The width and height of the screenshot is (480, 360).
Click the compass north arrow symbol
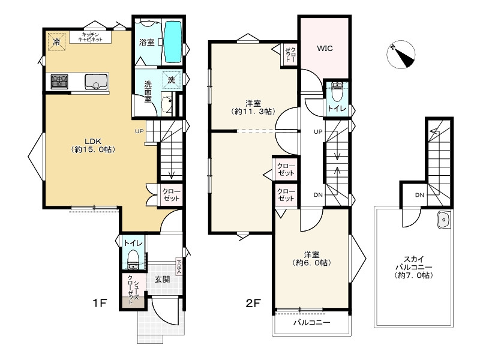pos(401,55)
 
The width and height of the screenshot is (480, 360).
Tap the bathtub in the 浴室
pos(173,41)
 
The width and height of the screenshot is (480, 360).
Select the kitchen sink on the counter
pos(97,82)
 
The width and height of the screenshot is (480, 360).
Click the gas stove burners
pos(59,82)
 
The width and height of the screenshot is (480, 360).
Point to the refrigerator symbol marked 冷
pos(56,41)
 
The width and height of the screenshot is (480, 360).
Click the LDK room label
pos(93,145)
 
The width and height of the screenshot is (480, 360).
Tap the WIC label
pos(325,48)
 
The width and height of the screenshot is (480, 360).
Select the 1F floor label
pos(100,303)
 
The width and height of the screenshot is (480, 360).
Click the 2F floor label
pos(253,303)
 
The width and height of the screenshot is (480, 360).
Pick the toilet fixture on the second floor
pos(337,92)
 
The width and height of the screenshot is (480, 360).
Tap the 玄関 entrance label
pos(162,279)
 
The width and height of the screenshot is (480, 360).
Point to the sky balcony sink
pos(443,220)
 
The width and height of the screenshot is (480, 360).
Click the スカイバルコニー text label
pos(413,267)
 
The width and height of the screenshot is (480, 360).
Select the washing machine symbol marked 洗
pos(172,80)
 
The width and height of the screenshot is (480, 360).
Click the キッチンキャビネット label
pos(91,37)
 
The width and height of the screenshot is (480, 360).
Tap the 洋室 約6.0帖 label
pos(311,259)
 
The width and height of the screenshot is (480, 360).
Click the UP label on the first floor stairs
pos(139,131)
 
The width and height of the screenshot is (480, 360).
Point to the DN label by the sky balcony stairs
pos(419,195)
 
